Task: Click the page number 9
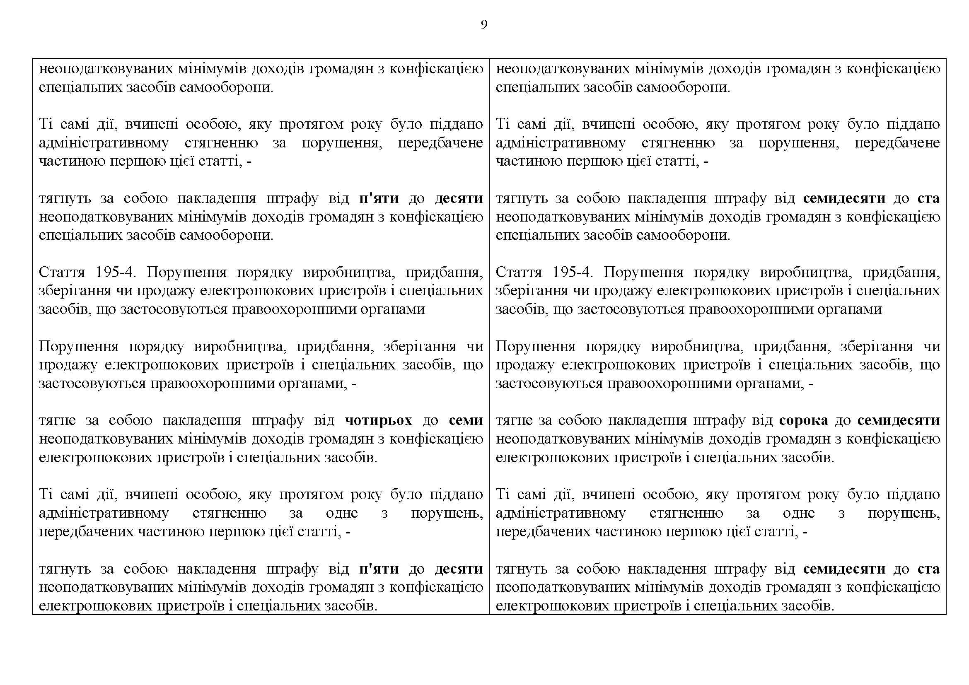(x=484, y=25)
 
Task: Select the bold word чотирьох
(x=378, y=420)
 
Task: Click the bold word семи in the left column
(x=466, y=420)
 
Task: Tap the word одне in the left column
(x=342, y=513)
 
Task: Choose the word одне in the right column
(x=798, y=513)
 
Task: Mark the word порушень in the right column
(x=904, y=513)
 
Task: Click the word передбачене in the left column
(x=440, y=143)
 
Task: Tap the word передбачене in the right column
(x=897, y=143)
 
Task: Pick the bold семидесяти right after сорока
(x=899, y=420)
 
